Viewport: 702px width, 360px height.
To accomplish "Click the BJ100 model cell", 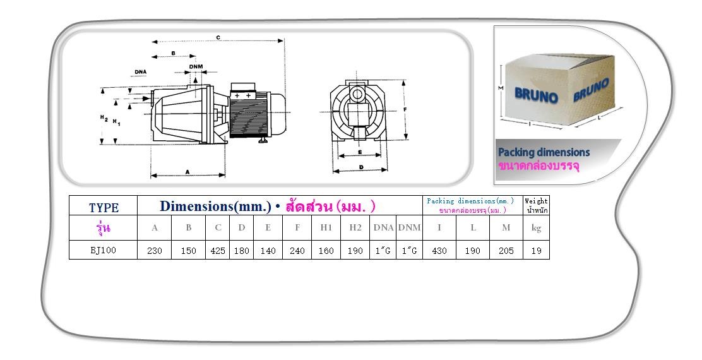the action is (x=103, y=250).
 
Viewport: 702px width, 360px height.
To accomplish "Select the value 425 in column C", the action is (x=218, y=251).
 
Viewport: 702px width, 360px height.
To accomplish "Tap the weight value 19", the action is (x=537, y=251).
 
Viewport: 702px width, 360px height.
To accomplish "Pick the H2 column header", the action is (x=355, y=227).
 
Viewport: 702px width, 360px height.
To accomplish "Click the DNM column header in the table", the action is (x=410, y=227).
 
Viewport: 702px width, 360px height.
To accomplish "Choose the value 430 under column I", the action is (x=439, y=251).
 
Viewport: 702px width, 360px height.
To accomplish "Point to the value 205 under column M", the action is (x=506, y=251).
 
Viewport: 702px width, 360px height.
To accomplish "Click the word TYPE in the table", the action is (x=104, y=208).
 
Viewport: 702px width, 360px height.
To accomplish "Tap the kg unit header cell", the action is (x=537, y=228).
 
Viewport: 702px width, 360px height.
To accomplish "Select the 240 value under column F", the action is (x=297, y=251).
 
